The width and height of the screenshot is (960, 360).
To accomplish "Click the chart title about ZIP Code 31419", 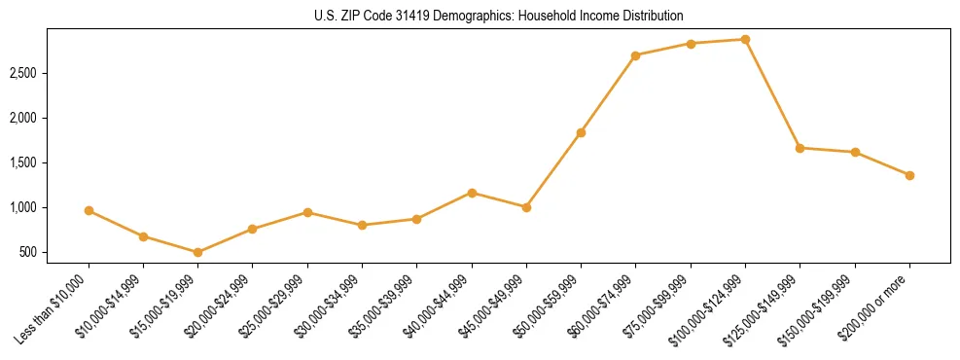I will click(499, 17).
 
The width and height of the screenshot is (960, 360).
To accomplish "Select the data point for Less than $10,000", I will click(89, 210).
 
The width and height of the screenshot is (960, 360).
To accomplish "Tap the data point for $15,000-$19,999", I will click(198, 252).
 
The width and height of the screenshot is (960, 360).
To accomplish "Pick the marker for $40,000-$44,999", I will click(472, 193).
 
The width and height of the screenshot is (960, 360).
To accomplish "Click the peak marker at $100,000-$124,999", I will click(745, 39).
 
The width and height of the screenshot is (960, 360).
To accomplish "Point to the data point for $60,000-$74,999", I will click(636, 55).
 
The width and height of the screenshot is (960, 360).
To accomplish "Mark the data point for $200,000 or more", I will click(909, 175).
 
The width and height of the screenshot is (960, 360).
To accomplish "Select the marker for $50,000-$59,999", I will click(581, 132).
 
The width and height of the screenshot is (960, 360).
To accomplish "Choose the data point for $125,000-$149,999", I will click(800, 148).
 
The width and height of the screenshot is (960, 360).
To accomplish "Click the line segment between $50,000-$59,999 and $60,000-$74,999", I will click(608, 94).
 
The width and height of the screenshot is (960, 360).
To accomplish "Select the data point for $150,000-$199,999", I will click(855, 152).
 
